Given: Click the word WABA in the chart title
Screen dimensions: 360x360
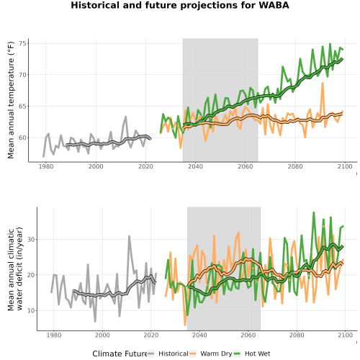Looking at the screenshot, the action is (x=274, y=5).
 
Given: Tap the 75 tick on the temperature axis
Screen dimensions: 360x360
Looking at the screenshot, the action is (x=22, y=43).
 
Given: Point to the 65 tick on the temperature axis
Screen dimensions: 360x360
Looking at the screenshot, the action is (x=22, y=107).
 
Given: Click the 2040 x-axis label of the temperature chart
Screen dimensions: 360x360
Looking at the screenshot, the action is (x=195, y=166).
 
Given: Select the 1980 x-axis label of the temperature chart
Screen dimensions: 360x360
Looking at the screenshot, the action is (x=46, y=166).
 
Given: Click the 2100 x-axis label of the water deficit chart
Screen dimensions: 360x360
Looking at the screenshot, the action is (x=345, y=335).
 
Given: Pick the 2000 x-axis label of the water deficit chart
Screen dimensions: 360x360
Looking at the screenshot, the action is (x=102, y=335).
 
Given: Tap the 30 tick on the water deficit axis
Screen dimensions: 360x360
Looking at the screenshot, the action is (x=30, y=239).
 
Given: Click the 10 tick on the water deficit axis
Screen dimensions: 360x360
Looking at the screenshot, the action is (x=30, y=310).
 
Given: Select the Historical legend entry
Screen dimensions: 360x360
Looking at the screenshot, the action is (x=168, y=354).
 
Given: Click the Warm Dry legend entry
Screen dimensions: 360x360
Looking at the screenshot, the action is (x=211, y=354).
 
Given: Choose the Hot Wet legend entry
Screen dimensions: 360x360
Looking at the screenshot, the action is (x=252, y=354).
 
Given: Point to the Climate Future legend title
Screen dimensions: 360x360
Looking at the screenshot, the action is (x=120, y=354).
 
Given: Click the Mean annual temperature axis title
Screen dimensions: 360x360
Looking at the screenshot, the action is (x=11, y=100).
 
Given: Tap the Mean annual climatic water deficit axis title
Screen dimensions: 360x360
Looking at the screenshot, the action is (x=15, y=269).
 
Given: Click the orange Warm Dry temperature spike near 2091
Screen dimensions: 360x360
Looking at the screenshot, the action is (x=323, y=83).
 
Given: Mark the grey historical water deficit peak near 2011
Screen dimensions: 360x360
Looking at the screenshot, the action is (x=129, y=236).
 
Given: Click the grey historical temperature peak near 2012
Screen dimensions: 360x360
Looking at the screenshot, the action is (x=125, y=117).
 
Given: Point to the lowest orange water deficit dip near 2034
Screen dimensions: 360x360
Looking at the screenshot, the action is (x=185, y=325).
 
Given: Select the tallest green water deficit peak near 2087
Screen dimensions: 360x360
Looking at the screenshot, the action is (x=313, y=212).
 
